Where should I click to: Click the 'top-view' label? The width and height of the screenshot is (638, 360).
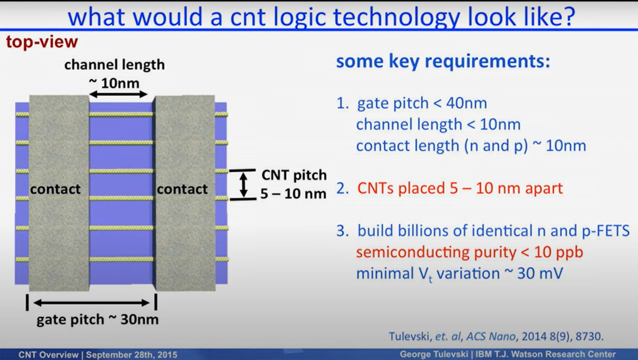pos(41,41)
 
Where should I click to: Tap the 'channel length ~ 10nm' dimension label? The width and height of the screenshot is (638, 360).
pos(115,74)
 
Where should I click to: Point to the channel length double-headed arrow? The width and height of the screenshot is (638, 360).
pos(118,95)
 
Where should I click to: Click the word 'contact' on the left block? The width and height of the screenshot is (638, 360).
pos(56,189)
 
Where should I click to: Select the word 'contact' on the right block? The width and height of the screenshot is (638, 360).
pos(183,189)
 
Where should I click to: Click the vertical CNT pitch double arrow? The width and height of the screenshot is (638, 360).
pos(243,185)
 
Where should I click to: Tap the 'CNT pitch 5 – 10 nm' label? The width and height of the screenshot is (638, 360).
pos(294,184)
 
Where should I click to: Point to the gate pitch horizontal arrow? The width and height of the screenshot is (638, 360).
pos(92,303)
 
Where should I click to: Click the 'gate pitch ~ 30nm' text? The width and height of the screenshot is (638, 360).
pos(97,320)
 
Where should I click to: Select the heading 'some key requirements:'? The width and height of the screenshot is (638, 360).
pos(442,61)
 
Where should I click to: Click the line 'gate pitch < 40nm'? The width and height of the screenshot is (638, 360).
pos(422,103)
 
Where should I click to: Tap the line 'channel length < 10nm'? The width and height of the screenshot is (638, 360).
pos(438,124)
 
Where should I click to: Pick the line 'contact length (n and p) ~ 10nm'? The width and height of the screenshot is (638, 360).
pos(471,146)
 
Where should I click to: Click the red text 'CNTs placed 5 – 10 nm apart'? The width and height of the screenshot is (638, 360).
pos(460,188)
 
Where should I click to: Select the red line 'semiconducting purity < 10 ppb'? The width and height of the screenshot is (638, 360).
pos(470,252)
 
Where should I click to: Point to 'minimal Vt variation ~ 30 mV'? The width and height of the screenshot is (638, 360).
pos(460,274)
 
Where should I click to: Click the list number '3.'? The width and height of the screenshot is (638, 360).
pos(343,231)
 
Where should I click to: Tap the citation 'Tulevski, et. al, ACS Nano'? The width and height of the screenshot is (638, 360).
pos(453,336)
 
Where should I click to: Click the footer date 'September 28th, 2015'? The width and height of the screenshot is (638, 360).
pos(131,355)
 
